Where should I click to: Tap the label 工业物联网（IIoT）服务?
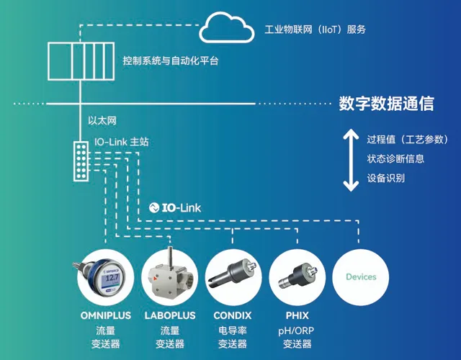[316, 30]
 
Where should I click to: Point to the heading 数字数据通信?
[386, 104]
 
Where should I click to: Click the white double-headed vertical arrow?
[351, 160]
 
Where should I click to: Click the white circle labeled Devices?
[361, 276]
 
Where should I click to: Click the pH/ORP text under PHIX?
[295, 330]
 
